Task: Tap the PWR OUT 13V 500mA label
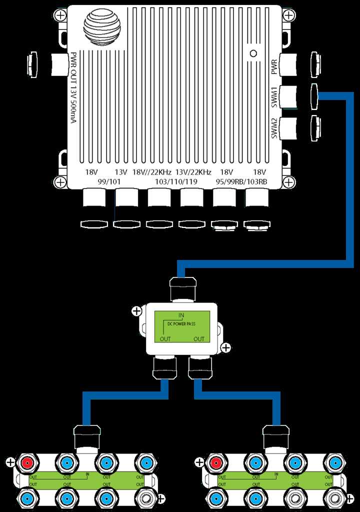pos(73,95)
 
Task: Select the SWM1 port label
pos(274,97)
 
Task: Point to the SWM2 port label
pos(274,128)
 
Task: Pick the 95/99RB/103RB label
pos(241,181)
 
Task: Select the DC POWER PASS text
pos(180,324)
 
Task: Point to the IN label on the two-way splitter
pos(180,315)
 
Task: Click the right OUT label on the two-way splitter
pos(199,338)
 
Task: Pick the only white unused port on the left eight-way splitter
pos(146,498)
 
